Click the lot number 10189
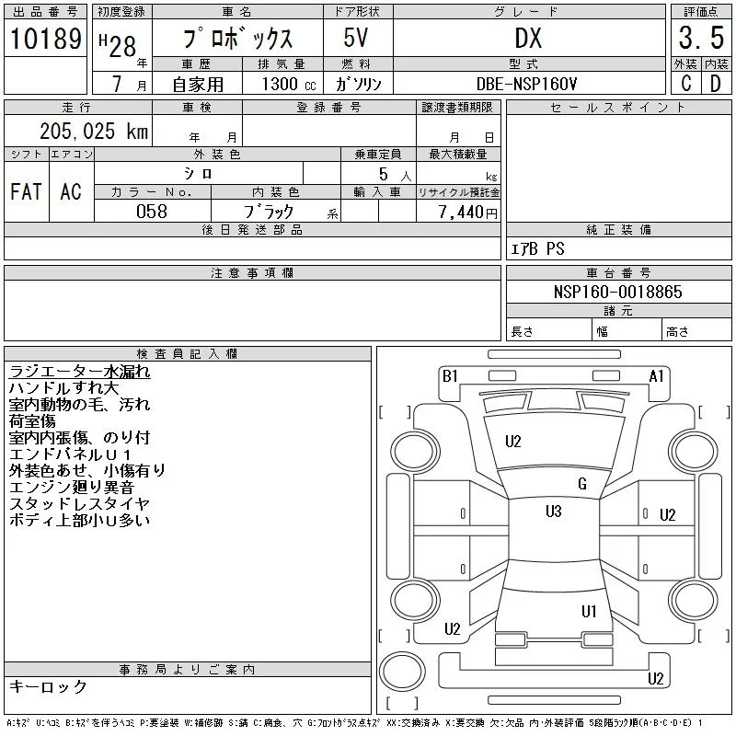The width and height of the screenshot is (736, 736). [x=45, y=39]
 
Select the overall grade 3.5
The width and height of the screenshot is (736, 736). [x=701, y=38]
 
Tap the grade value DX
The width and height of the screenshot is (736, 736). [x=528, y=38]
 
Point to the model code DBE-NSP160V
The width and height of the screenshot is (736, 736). [x=526, y=84]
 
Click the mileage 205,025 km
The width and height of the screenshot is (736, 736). [x=94, y=131]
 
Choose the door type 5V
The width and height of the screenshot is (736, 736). [x=356, y=38]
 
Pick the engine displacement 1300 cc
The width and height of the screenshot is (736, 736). [x=289, y=84]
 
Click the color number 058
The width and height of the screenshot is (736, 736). [x=152, y=212]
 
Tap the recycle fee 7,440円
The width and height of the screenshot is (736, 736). [x=468, y=213]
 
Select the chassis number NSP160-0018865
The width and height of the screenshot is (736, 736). [x=617, y=292]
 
